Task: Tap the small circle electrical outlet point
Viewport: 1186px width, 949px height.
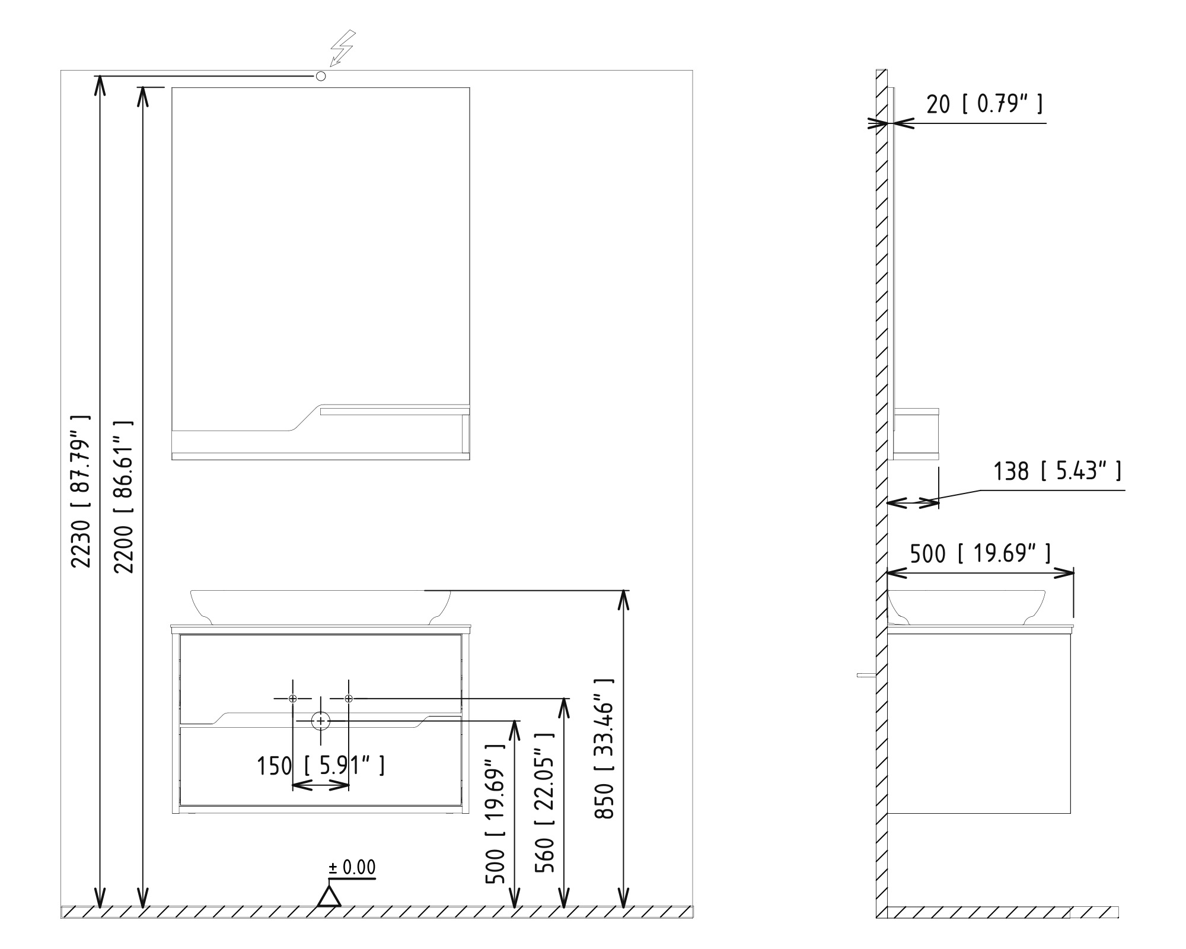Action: [321, 76]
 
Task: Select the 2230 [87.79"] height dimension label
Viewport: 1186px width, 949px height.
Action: [81, 491]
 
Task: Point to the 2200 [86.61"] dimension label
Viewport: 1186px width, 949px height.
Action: [123, 496]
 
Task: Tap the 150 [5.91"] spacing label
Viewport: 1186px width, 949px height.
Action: [321, 766]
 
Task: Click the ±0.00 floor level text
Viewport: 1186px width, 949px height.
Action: [352, 868]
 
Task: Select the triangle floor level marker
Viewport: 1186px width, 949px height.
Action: [329, 896]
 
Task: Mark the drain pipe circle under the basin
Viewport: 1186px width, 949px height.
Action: [321, 721]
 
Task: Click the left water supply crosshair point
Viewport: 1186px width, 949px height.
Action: [292, 699]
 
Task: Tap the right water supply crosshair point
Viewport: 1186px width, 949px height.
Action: [349, 699]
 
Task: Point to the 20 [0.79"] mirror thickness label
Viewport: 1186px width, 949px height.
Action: [984, 104]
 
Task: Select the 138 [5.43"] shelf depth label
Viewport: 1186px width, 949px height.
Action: [1057, 471]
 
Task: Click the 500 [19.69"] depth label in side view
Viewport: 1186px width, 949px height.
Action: [980, 553]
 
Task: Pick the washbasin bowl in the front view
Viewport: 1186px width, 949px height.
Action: [320, 607]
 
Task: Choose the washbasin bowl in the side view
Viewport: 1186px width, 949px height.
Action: [967, 607]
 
